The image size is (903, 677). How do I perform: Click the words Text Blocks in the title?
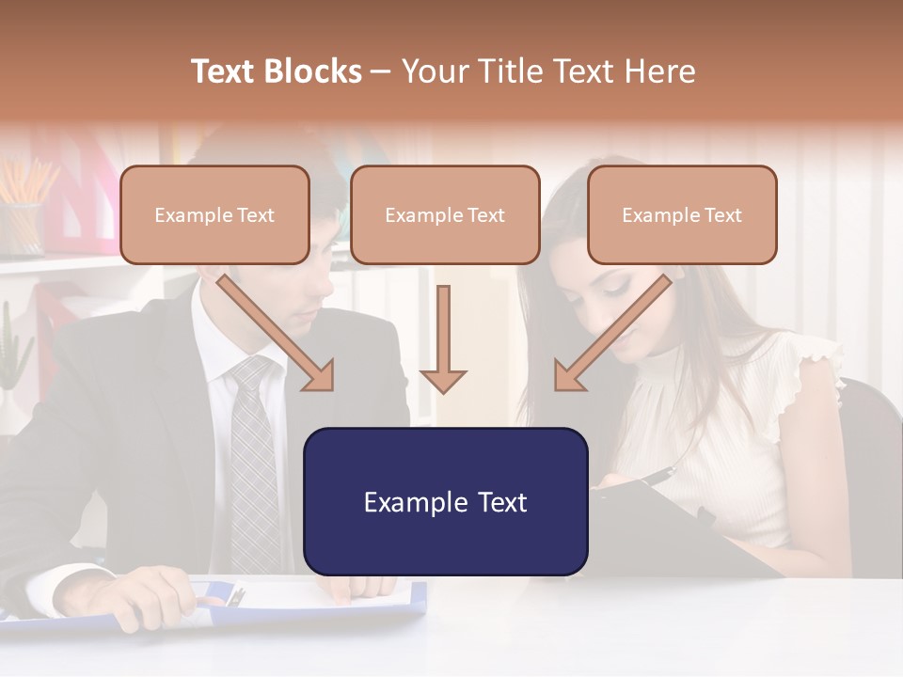point(277,71)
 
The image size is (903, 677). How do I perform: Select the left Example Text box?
point(214,215)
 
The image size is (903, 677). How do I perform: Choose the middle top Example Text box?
point(445,215)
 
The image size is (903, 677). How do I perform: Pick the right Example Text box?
point(682,215)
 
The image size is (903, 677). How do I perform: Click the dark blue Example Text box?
point(445,502)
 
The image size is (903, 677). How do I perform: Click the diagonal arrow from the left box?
point(277,333)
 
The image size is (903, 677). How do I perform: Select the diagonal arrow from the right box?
point(612,333)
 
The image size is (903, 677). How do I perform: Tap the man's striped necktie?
point(253,461)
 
